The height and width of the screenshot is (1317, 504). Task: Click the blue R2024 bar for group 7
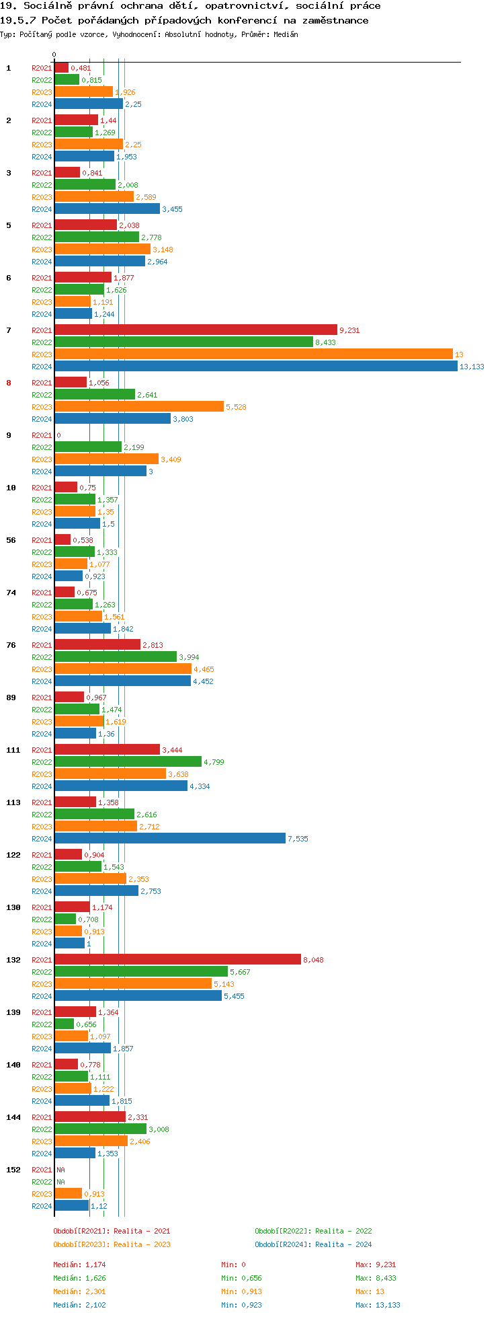point(255,367)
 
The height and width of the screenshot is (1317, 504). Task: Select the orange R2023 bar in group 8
point(138,406)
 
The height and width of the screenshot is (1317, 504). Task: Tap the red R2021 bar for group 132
point(177,960)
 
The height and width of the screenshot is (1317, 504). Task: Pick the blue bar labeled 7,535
point(169,839)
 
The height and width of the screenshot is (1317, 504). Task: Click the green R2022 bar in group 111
point(128,762)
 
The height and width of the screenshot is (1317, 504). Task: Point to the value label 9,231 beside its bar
point(349,330)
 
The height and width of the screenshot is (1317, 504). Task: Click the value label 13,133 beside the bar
point(471,367)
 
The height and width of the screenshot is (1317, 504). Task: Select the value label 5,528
point(236,407)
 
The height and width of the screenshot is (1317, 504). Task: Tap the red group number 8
point(9,383)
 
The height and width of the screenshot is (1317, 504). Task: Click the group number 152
point(13,1170)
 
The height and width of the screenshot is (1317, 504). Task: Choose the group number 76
point(11,645)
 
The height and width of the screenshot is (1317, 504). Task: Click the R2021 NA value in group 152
point(60,1170)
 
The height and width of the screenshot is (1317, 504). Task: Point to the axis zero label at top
point(54,55)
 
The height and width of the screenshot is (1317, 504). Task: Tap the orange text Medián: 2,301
point(79,1291)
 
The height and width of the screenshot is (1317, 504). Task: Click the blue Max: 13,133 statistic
point(378,1305)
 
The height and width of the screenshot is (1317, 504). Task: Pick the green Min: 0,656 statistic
point(241,1278)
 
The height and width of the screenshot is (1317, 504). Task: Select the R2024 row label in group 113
point(42,839)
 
